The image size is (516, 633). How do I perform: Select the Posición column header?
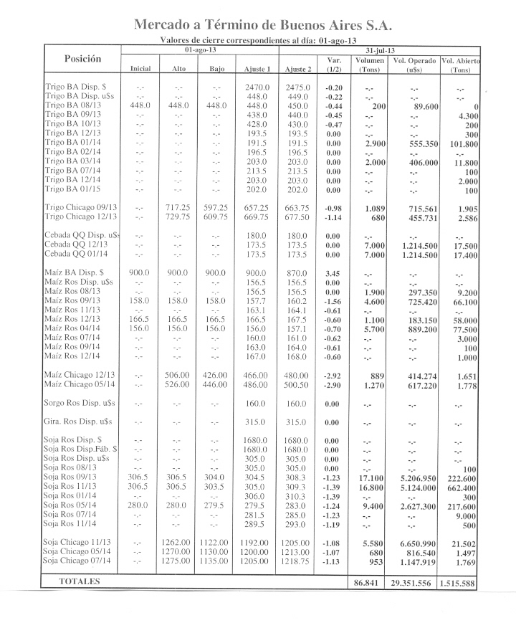[x=82, y=58]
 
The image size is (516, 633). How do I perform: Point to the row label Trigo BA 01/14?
[x=75, y=143]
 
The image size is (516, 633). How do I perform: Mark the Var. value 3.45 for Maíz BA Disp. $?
[x=333, y=273]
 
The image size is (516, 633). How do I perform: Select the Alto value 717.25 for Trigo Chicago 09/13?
[x=178, y=207]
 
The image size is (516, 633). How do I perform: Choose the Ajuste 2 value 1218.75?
[x=296, y=561]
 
